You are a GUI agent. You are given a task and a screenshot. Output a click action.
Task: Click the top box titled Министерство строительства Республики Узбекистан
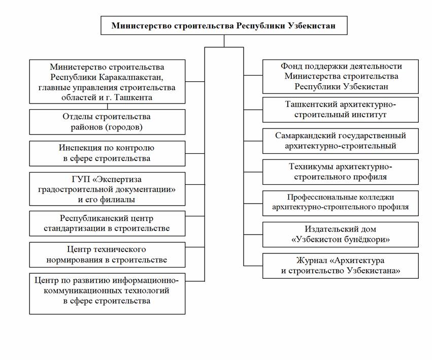click(x=224, y=25)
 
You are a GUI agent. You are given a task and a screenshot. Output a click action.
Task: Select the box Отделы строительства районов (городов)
click(x=107, y=122)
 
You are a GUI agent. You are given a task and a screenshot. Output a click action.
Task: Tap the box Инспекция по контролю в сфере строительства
click(x=107, y=153)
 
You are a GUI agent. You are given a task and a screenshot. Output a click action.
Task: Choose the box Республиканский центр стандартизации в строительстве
click(x=107, y=223)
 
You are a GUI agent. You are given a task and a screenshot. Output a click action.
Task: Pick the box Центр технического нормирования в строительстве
click(x=107, y=255)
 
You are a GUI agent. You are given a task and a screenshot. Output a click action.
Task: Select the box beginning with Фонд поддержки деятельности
click(x=341, y=76)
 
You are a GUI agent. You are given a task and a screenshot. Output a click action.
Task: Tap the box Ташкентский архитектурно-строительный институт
click(x=341, y=110)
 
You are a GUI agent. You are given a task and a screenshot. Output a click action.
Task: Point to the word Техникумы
click(x=305, y=167)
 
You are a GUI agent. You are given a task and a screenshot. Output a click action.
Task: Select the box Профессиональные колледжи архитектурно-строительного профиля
click(x=341, y=203)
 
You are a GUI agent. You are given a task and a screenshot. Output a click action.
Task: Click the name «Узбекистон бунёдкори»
click(x=341, y=240)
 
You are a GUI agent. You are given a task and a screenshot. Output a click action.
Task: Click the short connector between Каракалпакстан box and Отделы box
click(x=107, y=107)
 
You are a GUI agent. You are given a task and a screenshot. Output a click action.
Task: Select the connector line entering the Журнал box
click(x=253, y=266)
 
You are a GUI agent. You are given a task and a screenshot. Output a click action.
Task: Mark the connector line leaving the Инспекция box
click(x=195, y=153)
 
